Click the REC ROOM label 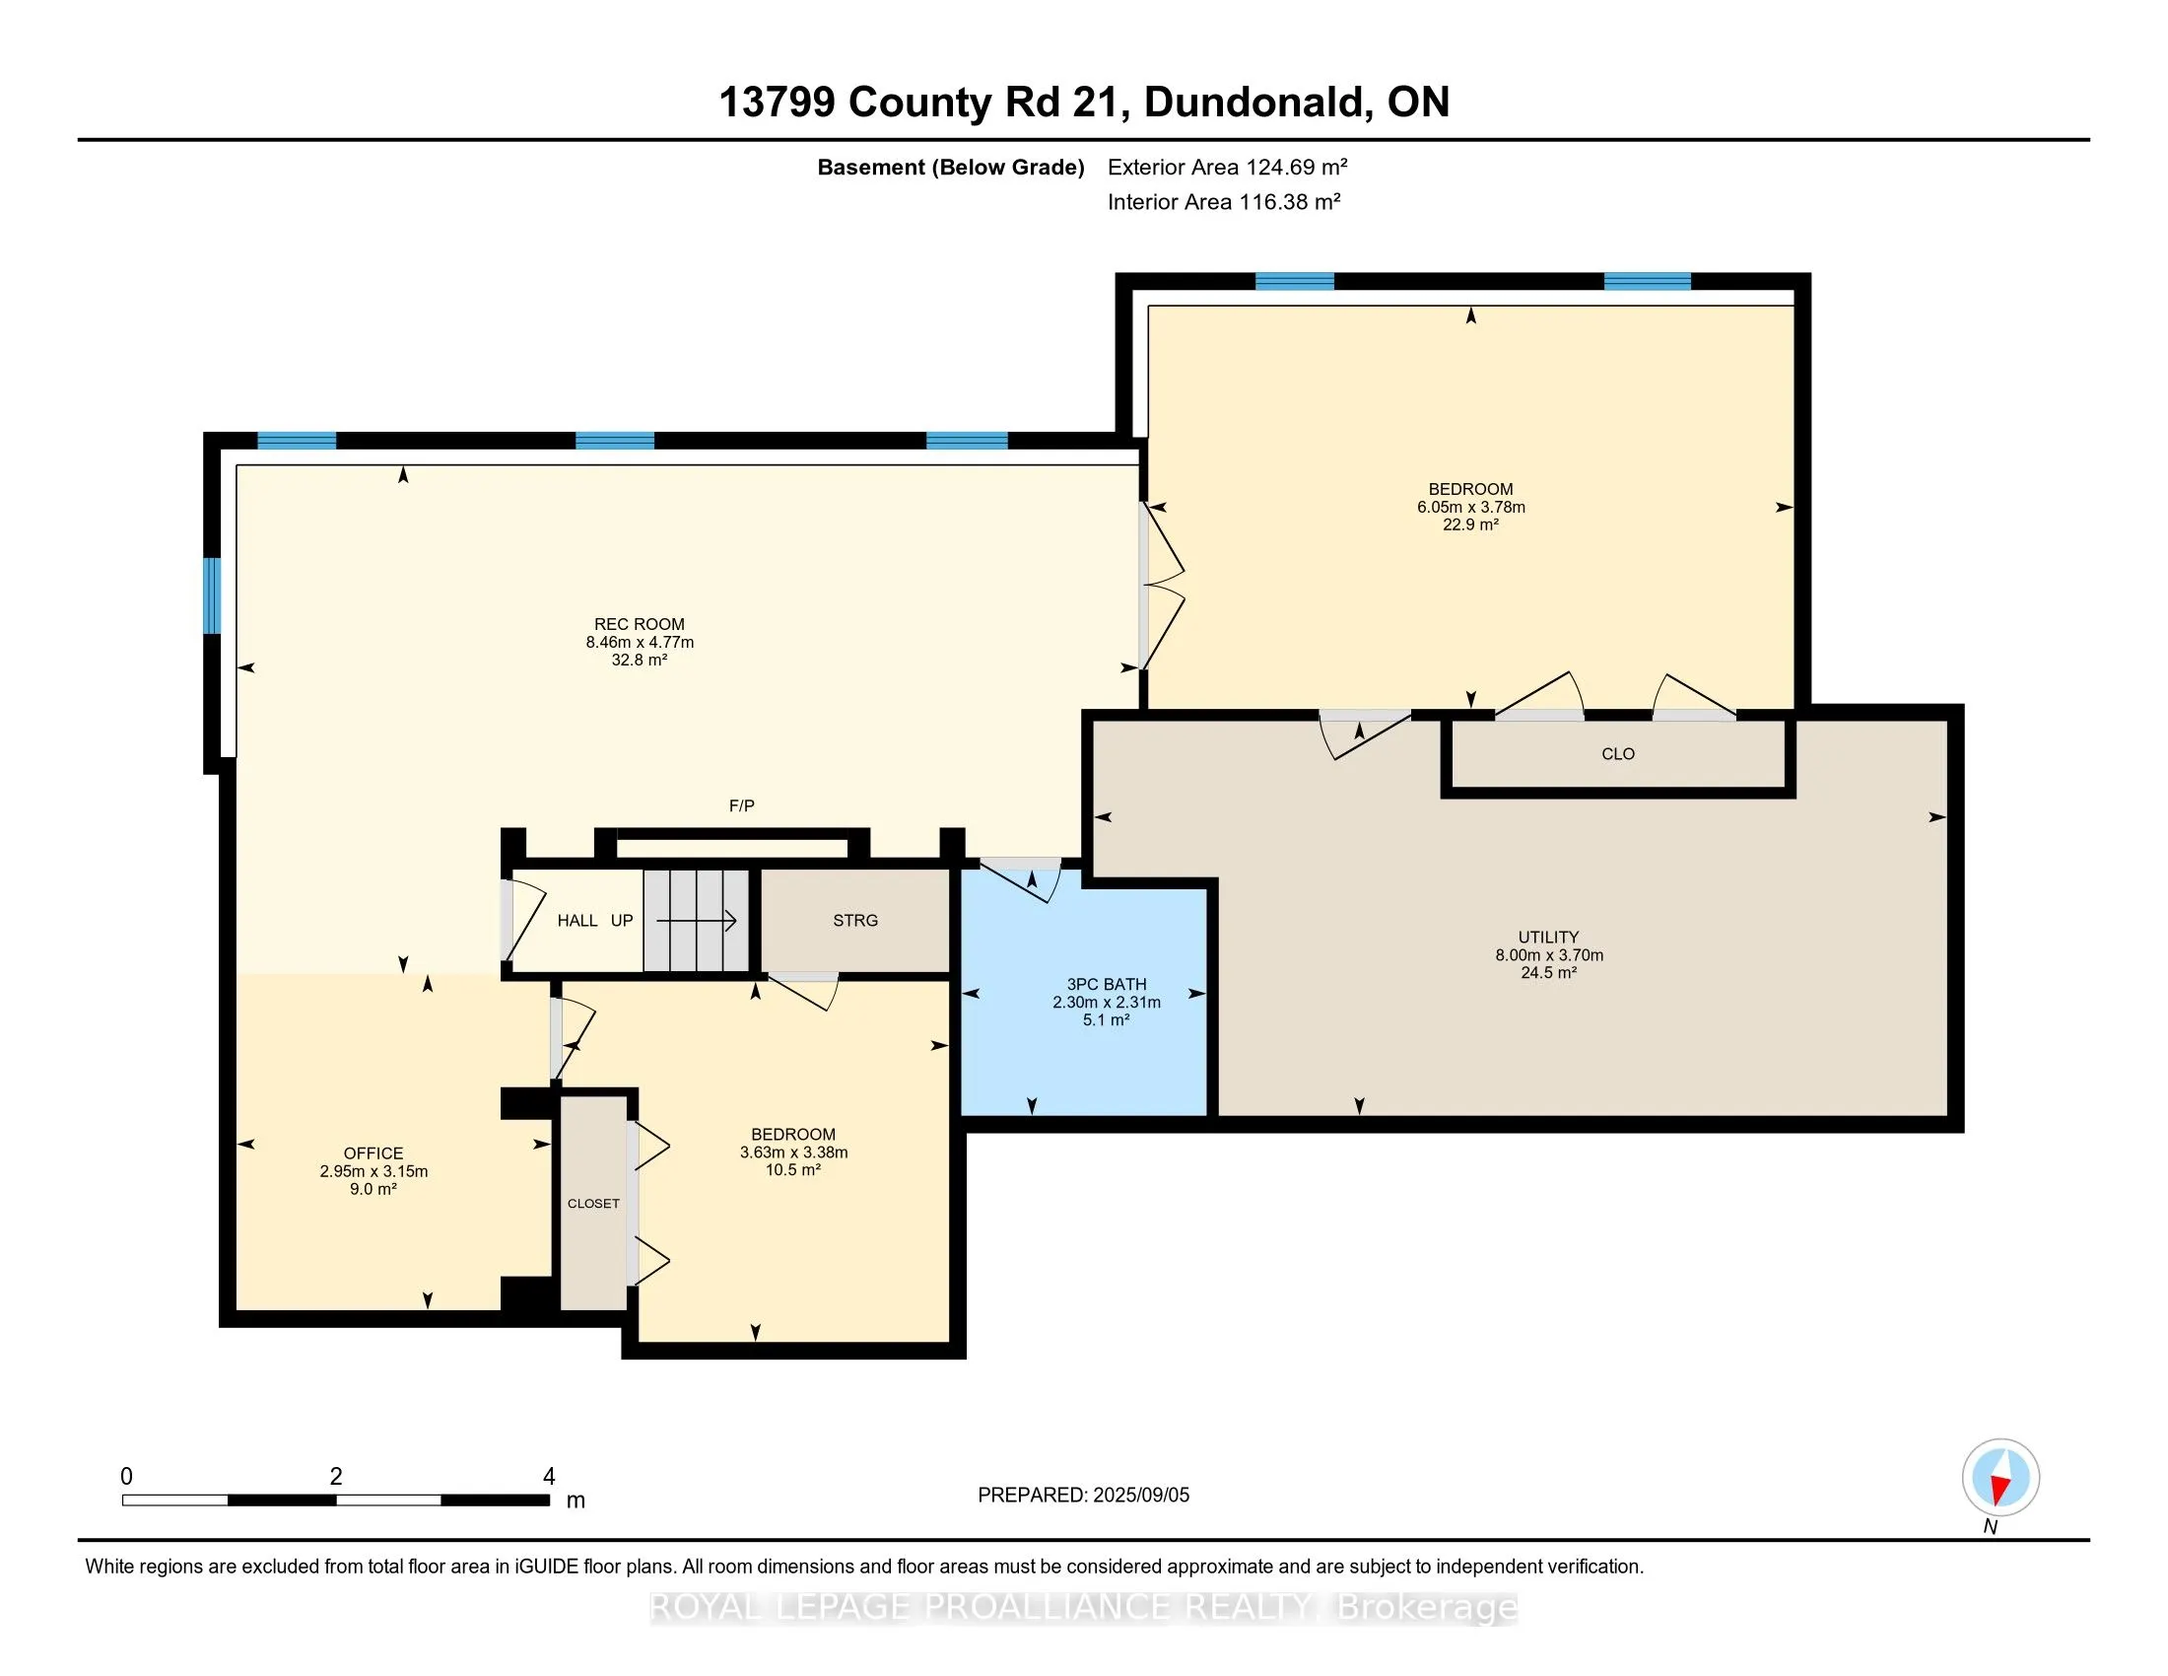pos(640,624)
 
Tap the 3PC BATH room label pos(1107,984)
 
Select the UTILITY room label pos(1548,938)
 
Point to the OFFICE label pos(373,1152)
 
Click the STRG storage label pos(855,921)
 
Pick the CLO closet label pos(1618,753)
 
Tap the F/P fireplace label pos(741,805)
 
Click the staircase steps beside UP pos(696,921)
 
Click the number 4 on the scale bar pos(549,1477)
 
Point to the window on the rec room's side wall pos(212,595)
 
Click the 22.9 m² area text pos(1470,524)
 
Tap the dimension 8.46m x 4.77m pos(640,643)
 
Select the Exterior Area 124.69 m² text pos(1228,167)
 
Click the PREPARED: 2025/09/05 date pos(1083,1496)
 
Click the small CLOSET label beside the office pos(593,1204)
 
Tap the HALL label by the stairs pos(576,921)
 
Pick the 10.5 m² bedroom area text pos(793,1170)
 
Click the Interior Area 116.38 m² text pos(1224,202)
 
